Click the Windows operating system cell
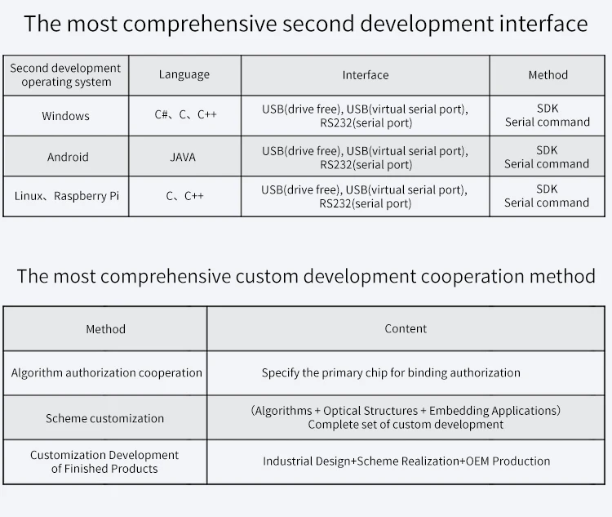click(65, 116)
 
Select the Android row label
click(68, 157)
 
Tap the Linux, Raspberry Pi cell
click(66, 196)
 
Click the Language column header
click(184, 74)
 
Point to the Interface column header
click(365, 74)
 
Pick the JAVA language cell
click(183, 157)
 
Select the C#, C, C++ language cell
click(185, 115)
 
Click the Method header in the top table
click(548, 74)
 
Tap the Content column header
click(406, 328)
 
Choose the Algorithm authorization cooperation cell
click(106, 372)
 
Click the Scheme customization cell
click(104, 418)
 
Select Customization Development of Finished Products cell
click(104, 461)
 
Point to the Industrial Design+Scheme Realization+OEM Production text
click(406, 461)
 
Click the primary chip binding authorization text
click(390, 372)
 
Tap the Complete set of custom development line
click(406, 425)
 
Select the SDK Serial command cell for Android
click(547, 157)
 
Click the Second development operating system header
click(65, 74)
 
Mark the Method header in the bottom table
click(106, 328)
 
